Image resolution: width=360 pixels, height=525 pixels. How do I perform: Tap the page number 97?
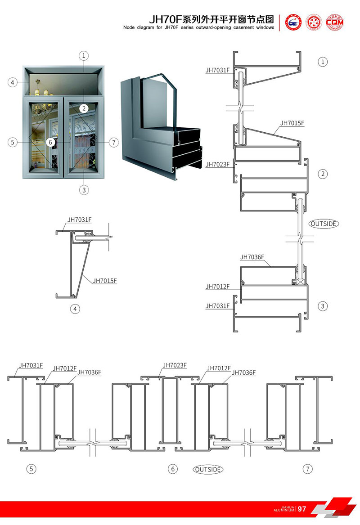(302, 509)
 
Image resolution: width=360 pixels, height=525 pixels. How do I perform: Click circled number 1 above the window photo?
(84, 55)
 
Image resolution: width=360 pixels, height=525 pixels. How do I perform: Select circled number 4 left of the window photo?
(13, 82)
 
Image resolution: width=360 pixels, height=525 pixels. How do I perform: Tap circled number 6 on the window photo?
(50, 142)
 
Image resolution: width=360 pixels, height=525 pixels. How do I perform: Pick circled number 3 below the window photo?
(84, 190)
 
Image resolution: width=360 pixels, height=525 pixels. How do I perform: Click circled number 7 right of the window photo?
(114, 143)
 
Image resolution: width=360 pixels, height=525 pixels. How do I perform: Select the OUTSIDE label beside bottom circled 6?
(208, 469)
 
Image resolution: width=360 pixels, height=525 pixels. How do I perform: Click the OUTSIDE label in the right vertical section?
(324, 223)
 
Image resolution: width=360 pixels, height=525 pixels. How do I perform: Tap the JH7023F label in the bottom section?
(175, 365)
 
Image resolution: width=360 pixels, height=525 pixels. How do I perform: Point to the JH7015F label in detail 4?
(105, 281)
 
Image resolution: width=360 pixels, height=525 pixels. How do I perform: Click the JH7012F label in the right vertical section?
(218, 287)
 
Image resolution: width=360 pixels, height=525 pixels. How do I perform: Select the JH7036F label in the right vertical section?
(252, 257)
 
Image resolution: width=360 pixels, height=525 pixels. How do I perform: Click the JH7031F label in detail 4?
(80, 220)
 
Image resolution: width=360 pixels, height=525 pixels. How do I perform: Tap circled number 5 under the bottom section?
(31, 469)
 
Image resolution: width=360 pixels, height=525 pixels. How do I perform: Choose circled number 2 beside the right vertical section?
(323, 174)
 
